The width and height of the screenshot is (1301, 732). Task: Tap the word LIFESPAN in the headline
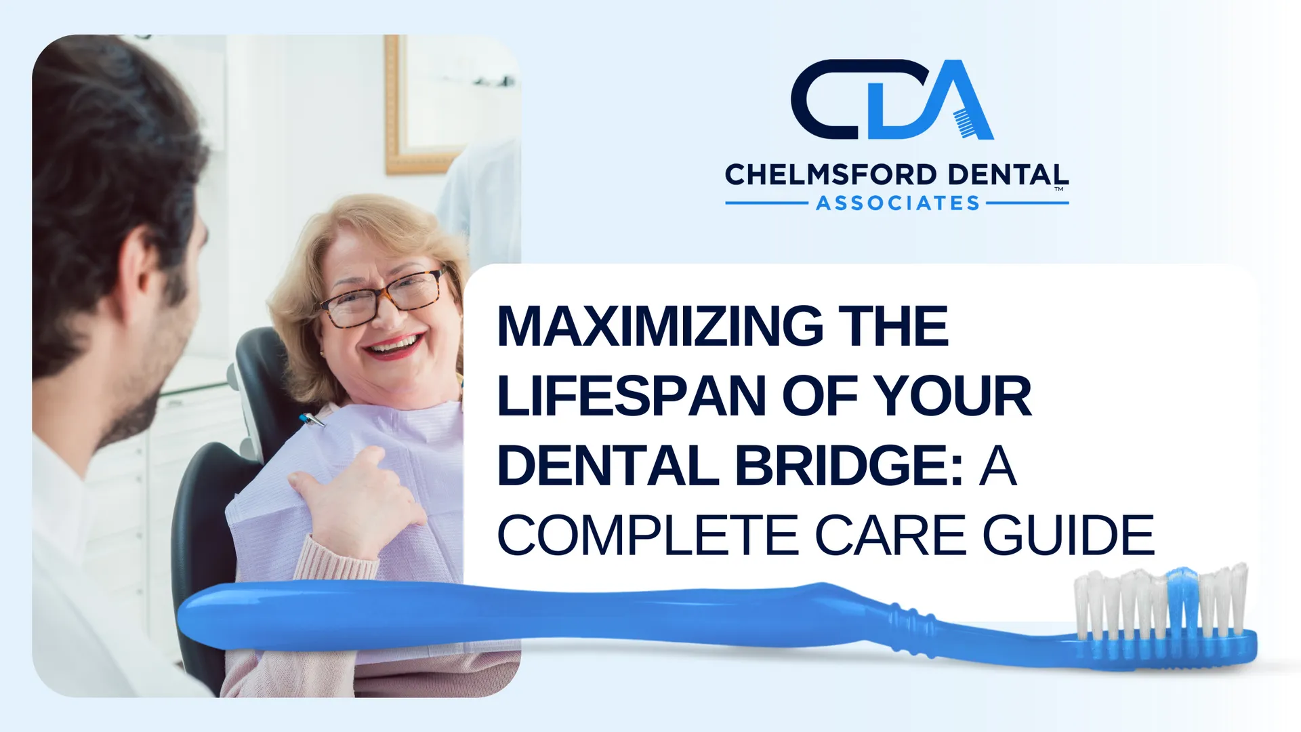[x=632, y=396]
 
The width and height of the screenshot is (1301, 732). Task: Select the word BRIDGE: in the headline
[x=849, y=466]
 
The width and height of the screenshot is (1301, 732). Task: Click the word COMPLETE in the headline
[x=648, y=535]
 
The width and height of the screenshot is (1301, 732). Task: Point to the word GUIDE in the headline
[x=1069, y=535]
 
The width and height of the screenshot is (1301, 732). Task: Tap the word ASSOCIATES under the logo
[x=898, y=203]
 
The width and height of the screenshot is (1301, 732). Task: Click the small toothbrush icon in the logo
[x=965, y=123]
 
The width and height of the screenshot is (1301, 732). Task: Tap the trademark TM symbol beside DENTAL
[x=1058, y=190]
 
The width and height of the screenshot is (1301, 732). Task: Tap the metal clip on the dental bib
[x=311, y=420]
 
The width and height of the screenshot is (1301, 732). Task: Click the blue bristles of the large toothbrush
[x=1182, y=596]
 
